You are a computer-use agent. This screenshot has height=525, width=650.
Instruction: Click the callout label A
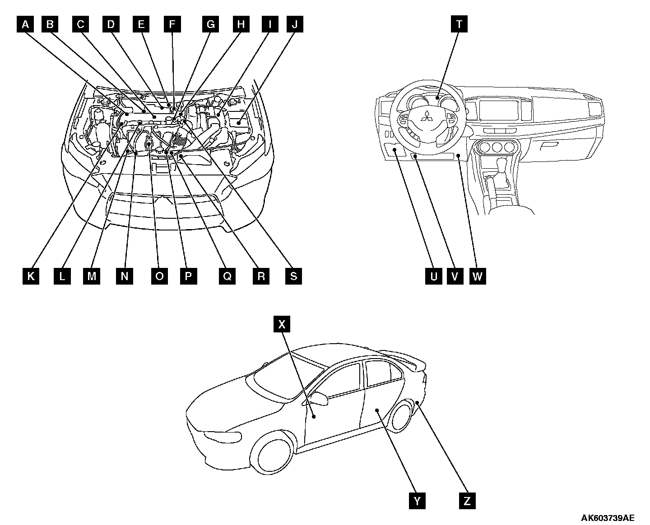26,24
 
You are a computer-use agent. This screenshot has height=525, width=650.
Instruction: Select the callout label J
295,24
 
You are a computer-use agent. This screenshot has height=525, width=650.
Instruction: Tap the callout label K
31,276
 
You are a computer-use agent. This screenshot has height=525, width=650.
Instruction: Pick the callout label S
293,276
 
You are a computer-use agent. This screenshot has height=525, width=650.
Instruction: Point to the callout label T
459,24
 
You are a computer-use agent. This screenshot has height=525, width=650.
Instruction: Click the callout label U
434,276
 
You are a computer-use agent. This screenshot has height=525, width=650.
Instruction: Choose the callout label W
478,276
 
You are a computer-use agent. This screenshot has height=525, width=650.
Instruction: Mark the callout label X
282,324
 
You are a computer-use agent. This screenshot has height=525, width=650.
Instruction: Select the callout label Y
418,501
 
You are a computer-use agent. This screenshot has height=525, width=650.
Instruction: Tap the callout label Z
467,501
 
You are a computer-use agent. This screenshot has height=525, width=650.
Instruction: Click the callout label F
172,24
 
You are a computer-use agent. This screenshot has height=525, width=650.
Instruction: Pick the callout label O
159,276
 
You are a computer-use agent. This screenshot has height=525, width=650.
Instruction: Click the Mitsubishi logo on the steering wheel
426,118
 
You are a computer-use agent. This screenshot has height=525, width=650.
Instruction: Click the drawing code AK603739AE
607,517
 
